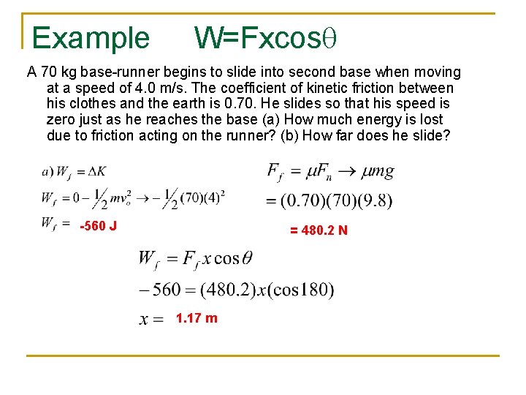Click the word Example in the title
pos(91,37)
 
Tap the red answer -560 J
pos(98,225)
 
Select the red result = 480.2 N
pos(319,230)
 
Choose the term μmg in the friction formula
pos(377,173)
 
